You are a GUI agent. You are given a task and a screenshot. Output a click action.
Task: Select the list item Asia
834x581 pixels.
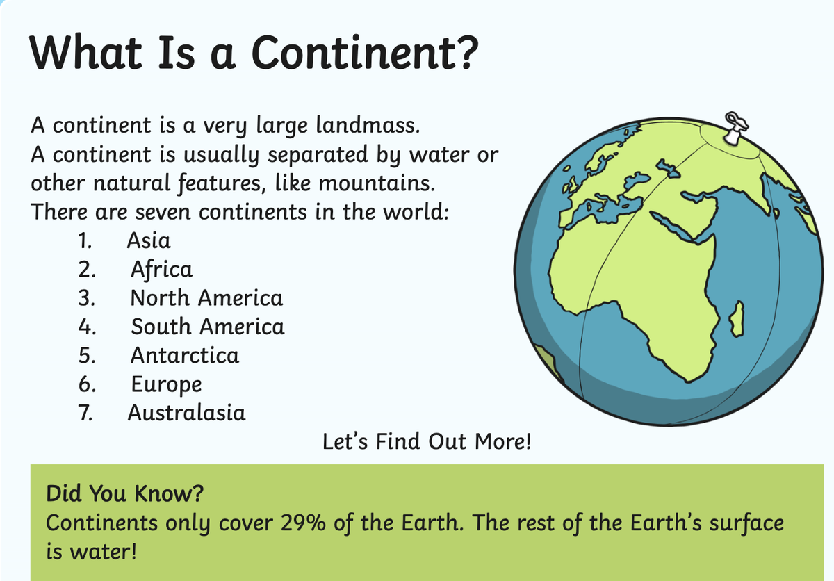coord(149,240)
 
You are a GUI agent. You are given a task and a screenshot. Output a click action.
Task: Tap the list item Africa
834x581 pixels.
coord(161,270)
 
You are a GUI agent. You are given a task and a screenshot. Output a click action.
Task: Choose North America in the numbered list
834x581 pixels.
coord(206,298)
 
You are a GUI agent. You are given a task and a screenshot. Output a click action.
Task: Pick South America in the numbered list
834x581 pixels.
coord(207,327)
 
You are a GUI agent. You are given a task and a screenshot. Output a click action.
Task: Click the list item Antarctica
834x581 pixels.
coord(185,355)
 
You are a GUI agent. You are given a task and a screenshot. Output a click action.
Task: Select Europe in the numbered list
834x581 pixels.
coord(166,385)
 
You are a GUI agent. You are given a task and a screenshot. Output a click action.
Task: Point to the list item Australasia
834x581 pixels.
coord(186,413)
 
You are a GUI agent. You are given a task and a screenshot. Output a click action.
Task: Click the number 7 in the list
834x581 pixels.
coord(85,413)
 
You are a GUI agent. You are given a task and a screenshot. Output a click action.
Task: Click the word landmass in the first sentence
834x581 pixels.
coord(368,124)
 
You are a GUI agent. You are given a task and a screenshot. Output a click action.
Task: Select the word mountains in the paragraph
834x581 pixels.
coord(377,183)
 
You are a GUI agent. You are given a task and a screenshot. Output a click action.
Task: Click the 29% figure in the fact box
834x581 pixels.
coord(303,523)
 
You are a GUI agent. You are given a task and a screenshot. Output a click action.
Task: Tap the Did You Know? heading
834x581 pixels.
coord(124,493)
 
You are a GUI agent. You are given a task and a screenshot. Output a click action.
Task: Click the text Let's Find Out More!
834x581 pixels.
coord(427,441)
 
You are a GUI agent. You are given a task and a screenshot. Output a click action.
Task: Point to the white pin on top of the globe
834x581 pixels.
coord(735,128)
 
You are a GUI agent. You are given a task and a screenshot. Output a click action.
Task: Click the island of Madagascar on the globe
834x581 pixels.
coord(737,320)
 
